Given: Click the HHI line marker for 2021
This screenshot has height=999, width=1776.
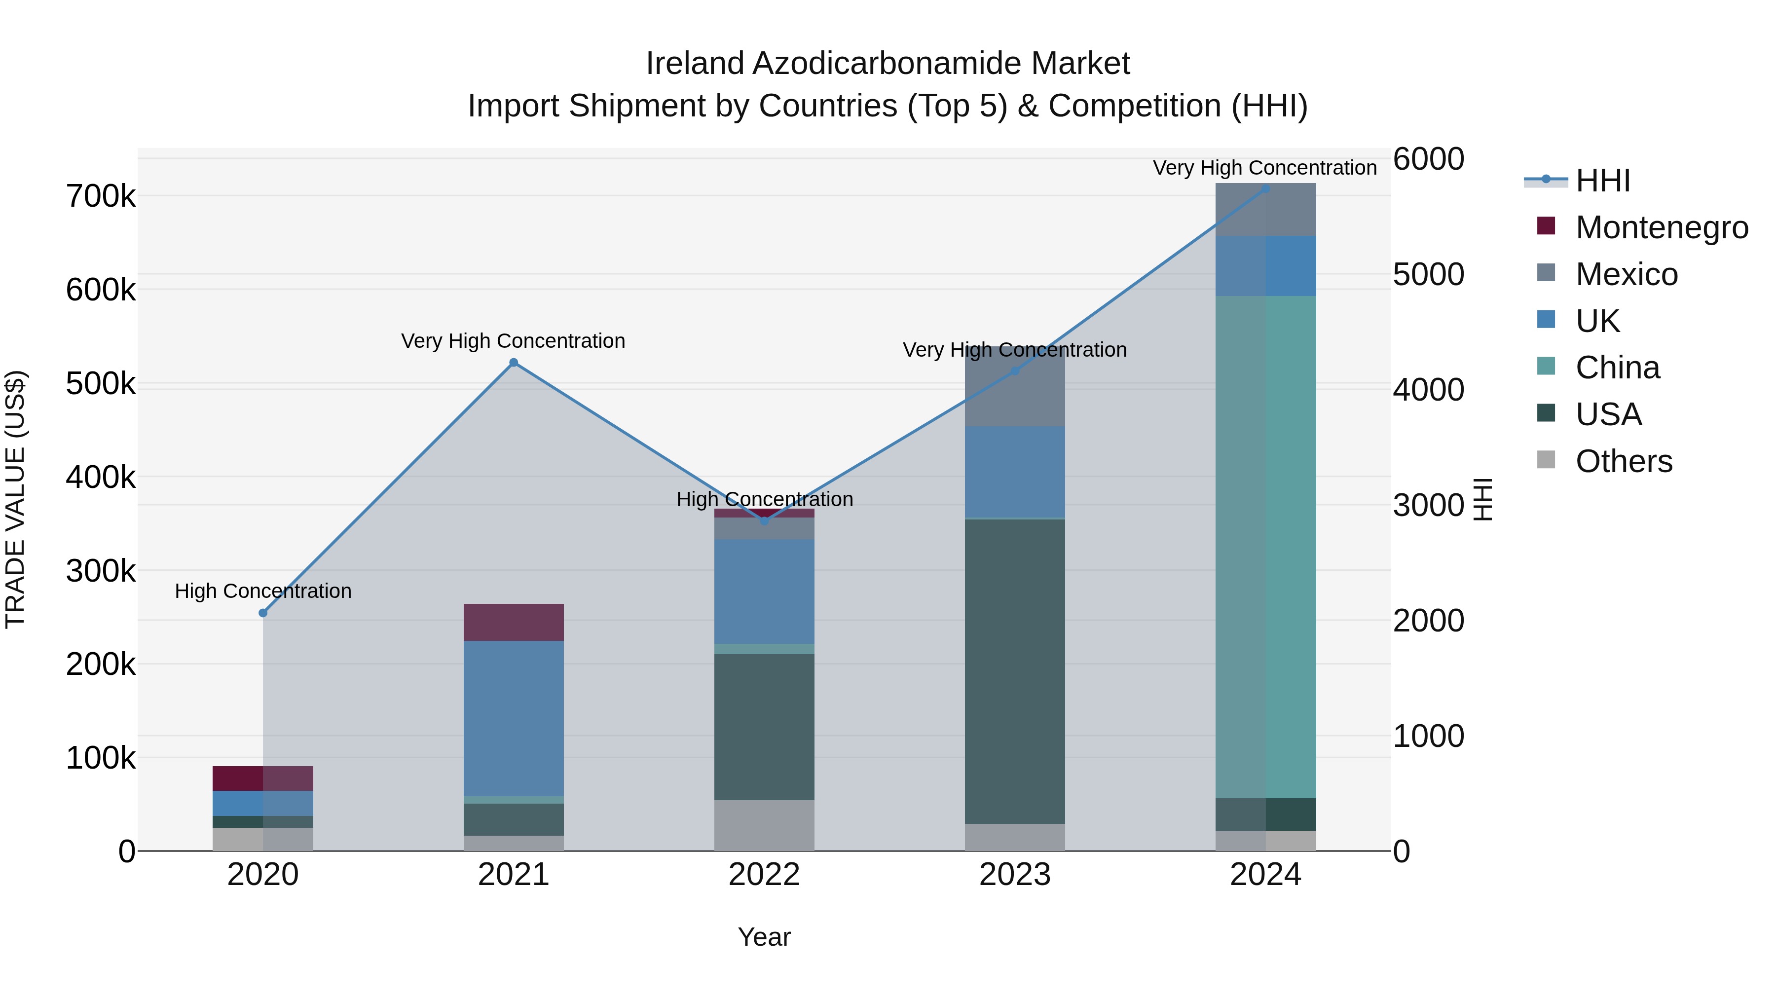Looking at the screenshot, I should tap(513, 363).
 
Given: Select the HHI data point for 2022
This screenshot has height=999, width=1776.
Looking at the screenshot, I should tap(764, 520).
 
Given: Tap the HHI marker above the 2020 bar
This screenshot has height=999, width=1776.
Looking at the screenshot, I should tap(262, 613).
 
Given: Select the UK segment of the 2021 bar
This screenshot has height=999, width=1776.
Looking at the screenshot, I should tap(513, 718).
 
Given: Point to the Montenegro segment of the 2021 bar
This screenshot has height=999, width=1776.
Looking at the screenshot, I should tap(513, 622).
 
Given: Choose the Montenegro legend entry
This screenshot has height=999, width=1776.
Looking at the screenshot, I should tap(1661, 227).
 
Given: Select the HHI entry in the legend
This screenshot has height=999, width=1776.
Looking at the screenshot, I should tap(1602, 181).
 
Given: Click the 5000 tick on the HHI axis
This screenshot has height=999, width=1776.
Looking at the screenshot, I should tap(1428, 274).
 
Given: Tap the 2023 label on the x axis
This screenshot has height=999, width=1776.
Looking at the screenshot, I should tap(1014, 875).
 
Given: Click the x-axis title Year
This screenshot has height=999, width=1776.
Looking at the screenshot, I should tap(764, 937).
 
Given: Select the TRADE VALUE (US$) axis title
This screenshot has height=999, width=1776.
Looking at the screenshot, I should tap(15, 499).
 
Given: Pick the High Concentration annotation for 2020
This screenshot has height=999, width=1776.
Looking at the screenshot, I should tap(262, 591).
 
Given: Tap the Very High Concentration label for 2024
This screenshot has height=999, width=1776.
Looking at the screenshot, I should tap(1264, 168).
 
